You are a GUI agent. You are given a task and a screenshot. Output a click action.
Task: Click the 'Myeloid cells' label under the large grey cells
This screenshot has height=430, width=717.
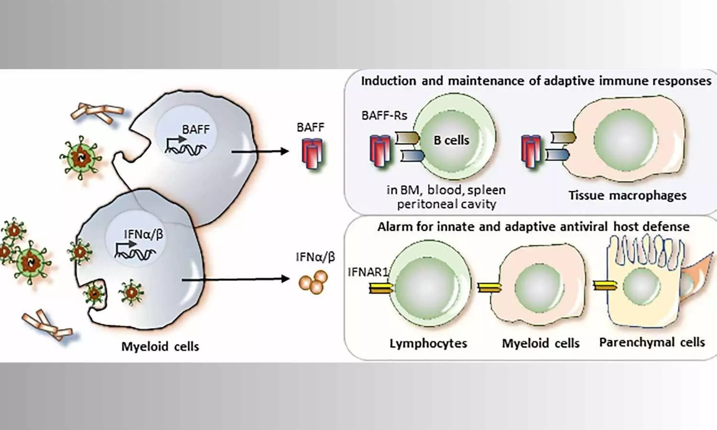tap(160, 346)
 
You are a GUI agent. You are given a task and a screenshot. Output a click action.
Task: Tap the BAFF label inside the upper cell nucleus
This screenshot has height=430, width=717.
tap(196, 129)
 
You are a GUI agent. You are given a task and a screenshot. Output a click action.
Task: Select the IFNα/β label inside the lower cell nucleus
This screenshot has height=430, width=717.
tap(143, 234)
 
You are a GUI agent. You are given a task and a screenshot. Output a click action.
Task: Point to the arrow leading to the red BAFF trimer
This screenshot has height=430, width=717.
tap(261, 152)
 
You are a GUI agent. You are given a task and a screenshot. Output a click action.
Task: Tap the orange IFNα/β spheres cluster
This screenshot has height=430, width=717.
tap(313, 281)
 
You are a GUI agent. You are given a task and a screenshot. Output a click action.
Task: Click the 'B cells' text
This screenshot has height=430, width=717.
tap(451, 140)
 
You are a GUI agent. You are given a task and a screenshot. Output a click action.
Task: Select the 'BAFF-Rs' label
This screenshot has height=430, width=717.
tap(384, 115)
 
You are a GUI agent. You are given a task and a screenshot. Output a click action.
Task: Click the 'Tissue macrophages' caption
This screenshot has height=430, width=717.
tap(627, 195)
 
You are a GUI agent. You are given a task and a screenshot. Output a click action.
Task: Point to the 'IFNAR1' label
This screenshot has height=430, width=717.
tap(368, 272)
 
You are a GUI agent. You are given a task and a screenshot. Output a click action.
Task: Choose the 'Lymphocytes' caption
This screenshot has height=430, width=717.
tap(428, 344)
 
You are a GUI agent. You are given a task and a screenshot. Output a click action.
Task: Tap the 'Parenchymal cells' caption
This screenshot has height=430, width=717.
tap(652, 343)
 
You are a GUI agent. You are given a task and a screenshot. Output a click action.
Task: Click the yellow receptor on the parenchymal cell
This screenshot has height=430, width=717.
tap(605, 286)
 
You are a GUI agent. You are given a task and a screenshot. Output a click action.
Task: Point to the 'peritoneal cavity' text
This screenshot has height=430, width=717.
tap(446, 204)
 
